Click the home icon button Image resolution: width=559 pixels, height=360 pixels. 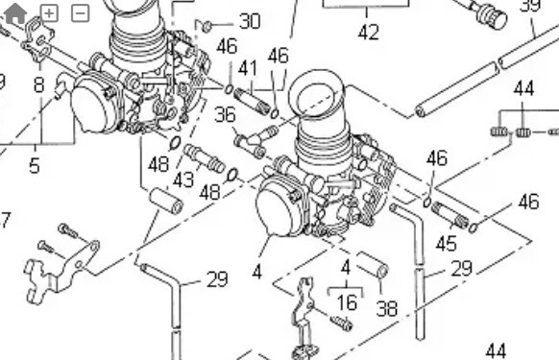[15, 13]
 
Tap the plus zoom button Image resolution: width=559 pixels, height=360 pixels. [49, 13]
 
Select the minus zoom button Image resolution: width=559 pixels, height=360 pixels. [81, 13]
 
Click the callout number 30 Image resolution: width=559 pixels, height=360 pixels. [250, 21]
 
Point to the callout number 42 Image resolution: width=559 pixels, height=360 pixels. [368, 33]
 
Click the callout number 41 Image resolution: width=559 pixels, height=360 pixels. [248, 68]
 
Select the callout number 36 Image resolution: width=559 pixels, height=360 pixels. [226, 115]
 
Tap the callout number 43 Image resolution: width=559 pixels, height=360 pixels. [183, 180]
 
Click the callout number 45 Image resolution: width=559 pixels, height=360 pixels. [447, 244]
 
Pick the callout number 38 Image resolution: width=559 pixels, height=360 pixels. [387, 309]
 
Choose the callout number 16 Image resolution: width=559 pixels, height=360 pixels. [347, 303]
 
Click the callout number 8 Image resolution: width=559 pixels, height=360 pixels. [39, 85]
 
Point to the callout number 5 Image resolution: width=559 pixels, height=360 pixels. [35, 166]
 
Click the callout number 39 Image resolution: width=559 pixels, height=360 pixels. [530, 6]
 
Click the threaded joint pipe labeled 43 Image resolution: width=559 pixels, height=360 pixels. [204, 157]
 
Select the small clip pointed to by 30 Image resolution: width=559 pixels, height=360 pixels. [204, 26]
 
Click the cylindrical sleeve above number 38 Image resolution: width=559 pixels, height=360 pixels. [373, 264]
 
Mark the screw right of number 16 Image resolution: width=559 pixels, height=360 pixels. [342, 324]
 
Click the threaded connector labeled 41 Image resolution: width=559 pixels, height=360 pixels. [252, 102]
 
